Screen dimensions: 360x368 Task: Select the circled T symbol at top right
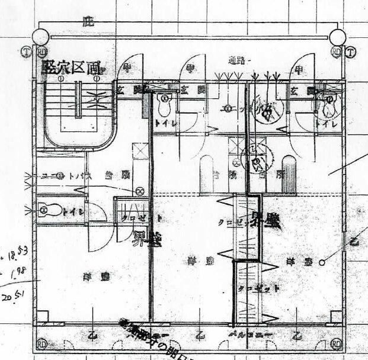pyautogui.click(x=351, y=52)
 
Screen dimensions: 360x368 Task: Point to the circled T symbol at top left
pyautogui.click(x=25, y=52)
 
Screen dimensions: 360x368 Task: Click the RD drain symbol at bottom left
pyautogui.click(x=42, y=343)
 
